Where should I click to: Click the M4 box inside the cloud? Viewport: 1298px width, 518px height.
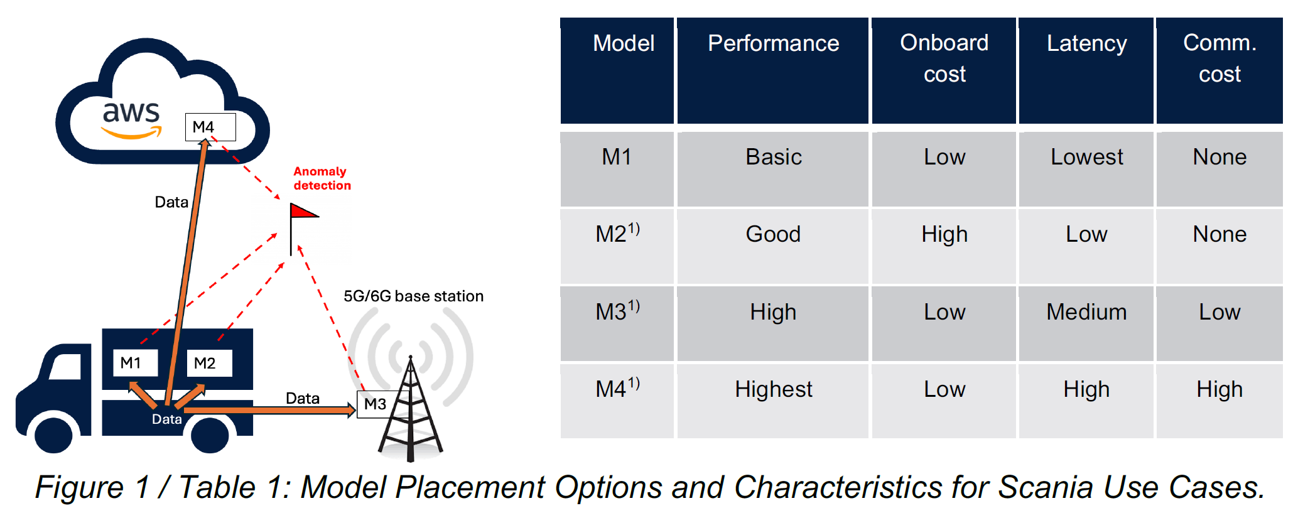click(x=210, y=127)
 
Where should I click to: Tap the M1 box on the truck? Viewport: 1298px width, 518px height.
click(x=135, y=363)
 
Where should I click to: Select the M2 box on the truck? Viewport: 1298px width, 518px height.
click(x=209, y=363)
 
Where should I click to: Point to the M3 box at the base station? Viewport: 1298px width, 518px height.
click(x=376, y=404)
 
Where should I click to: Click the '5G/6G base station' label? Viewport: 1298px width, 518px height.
click(x=413, y=296)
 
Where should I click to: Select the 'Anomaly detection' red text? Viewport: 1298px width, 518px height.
click(x=322, y=178)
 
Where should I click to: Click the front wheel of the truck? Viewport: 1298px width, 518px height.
click(x=53, y=433)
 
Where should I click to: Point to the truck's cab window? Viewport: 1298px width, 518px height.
click(x=66, y=367)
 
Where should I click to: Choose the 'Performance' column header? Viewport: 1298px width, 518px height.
click(x=773, y=43)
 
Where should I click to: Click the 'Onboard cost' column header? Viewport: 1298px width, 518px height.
click(x=944, y=58)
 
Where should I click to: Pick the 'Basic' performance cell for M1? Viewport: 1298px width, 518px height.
click(x=773, y=157)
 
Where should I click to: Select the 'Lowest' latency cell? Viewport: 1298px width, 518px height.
click(x=1086, y=157)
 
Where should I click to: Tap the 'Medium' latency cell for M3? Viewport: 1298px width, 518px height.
click(x=1086, y=312)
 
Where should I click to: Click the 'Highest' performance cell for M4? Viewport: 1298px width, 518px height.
click(x=773, y=389)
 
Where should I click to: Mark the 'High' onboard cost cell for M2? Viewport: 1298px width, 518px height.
click(x=944, y=234)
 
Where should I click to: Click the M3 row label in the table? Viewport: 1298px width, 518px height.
click(x=617, y=311)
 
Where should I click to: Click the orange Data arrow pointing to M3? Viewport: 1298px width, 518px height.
click(x=270, y=410)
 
